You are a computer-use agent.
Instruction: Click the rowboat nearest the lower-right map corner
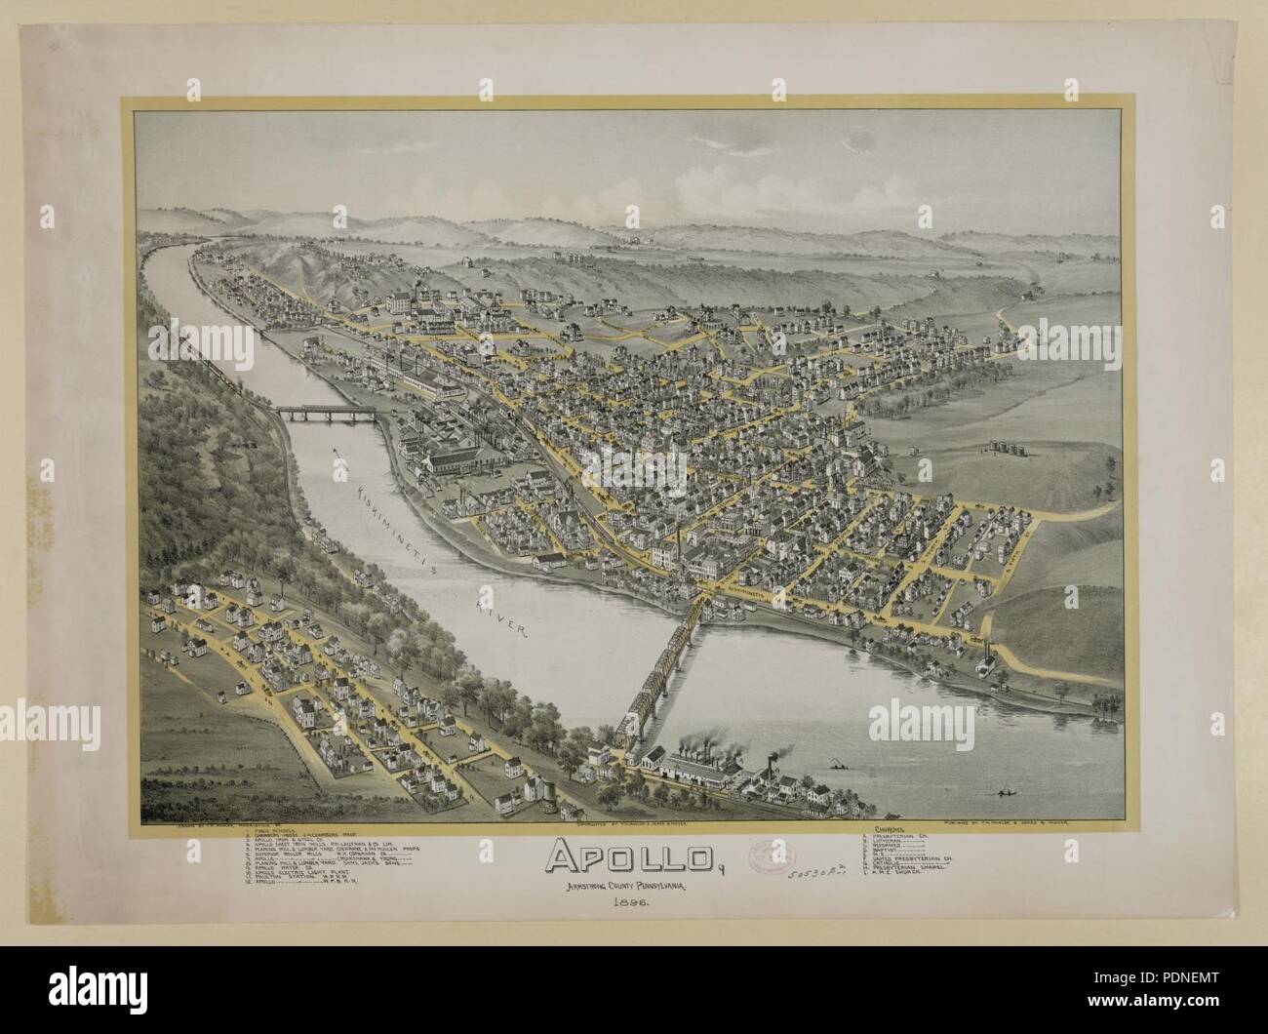[x=1000, y=787]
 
